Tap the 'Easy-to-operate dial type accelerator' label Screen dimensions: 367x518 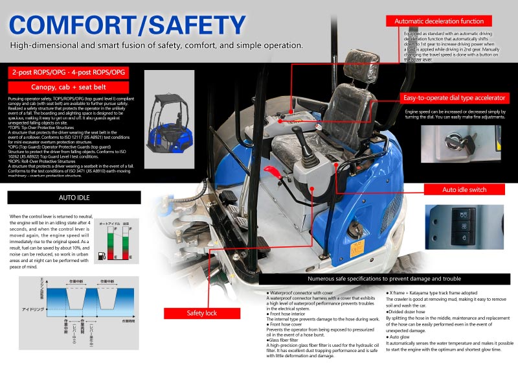[x=453, y=98]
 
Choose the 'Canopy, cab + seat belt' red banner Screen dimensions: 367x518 [x=69, y=88]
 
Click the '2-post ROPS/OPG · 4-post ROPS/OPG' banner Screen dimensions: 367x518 [x=69, y=71]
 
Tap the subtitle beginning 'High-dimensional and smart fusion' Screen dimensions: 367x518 [x=157, y=45]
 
